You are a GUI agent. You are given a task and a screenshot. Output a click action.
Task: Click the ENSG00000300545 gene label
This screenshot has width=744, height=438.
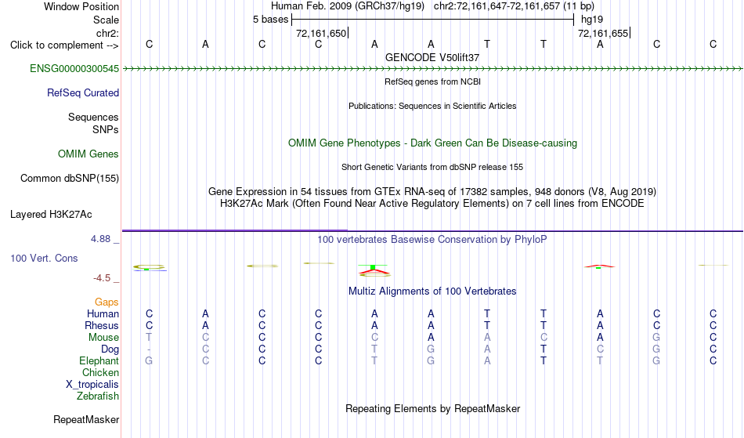[74, 68]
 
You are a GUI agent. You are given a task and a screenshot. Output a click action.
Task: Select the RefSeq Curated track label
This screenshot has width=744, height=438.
[83, 92]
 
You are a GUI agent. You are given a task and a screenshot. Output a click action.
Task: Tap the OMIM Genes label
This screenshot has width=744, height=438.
[88, 154]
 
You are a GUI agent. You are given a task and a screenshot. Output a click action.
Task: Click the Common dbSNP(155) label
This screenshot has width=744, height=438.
[70, 178]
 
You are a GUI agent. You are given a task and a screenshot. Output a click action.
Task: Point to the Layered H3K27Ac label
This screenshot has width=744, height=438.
[51, 214]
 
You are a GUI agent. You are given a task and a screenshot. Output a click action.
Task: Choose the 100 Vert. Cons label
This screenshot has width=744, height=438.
[44, 258]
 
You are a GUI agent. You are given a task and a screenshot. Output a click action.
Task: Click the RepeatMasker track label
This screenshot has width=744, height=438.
[86, 419]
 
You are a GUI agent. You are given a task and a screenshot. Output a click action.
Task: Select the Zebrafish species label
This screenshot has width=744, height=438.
[98, 396]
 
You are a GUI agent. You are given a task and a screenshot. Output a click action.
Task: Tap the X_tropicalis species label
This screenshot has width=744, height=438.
[92, 385]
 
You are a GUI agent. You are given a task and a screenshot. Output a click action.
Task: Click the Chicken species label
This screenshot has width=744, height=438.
[100, 372]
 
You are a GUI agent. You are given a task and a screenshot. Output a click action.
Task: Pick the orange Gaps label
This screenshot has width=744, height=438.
[107, 302]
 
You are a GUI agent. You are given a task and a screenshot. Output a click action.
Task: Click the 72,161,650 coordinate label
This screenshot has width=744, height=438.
[321, 33]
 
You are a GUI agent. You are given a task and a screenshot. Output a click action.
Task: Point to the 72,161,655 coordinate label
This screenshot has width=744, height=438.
[603, 33]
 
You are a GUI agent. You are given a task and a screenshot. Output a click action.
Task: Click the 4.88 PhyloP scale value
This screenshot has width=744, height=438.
[100, 239]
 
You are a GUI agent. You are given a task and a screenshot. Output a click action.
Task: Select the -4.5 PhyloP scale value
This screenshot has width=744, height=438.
[102, 277]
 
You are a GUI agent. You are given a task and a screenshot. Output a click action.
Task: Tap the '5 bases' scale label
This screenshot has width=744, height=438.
[270, 20]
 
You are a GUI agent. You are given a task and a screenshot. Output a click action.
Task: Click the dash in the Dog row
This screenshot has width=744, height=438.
[149, 349]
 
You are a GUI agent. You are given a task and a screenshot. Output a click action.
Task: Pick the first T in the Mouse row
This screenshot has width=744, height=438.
[149, 338]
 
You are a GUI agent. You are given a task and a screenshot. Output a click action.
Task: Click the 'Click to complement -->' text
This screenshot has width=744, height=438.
[64, 45]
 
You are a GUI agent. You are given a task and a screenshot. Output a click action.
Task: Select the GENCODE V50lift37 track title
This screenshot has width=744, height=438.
[432, 57]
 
